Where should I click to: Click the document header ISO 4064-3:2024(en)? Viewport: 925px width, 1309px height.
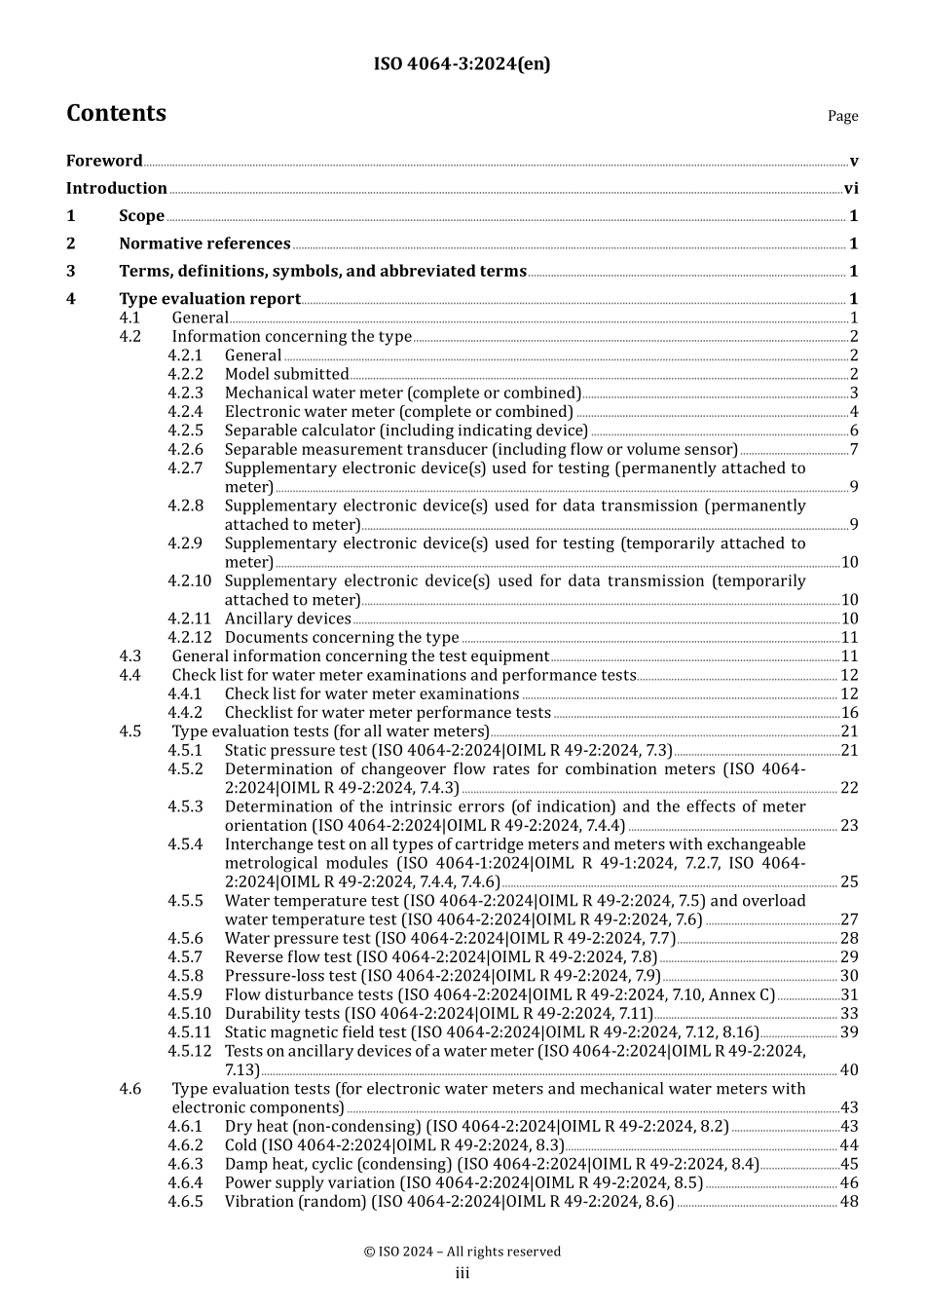[462, 64]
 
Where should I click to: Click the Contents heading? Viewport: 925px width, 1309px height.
[116, 113]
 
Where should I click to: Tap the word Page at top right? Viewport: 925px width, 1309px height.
[842, 116]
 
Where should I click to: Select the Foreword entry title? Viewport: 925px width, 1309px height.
[104, 161]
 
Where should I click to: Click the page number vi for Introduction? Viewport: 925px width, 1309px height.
[851, 189]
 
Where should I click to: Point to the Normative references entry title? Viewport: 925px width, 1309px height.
[204, 243]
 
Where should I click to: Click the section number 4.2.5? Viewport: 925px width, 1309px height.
[185, 430]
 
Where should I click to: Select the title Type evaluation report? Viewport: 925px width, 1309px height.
[209, 299]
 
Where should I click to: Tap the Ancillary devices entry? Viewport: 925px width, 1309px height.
[287, 618]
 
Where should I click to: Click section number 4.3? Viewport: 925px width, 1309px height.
[130, 656]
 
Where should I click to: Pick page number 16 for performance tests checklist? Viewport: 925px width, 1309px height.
[849, 713]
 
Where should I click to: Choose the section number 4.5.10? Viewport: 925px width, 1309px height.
[189, 1014]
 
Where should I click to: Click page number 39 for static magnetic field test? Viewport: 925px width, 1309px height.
[849, 1032]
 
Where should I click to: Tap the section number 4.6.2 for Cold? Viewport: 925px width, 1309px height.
[185, 1145]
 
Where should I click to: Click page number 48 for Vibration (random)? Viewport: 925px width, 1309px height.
[849, 1202]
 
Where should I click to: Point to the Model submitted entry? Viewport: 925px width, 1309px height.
[286, 374]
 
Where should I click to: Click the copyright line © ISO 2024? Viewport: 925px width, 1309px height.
[462, 1252]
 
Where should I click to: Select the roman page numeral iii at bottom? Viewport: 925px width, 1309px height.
[462, 1274]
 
